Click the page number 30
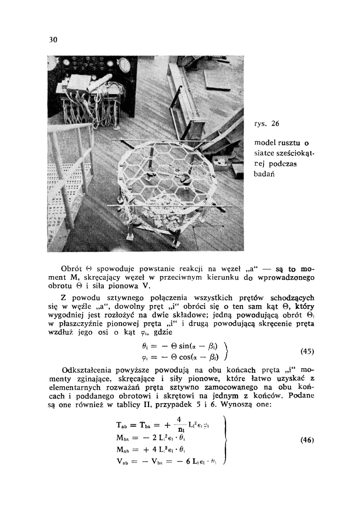[53, 40]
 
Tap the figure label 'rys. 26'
[266, 124]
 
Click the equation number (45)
[307, 352]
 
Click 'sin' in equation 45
[184, 346]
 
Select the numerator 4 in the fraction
[179, 419]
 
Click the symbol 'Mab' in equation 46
[122, 450]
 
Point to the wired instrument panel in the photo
[92, 97]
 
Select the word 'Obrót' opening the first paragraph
[72, 269]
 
